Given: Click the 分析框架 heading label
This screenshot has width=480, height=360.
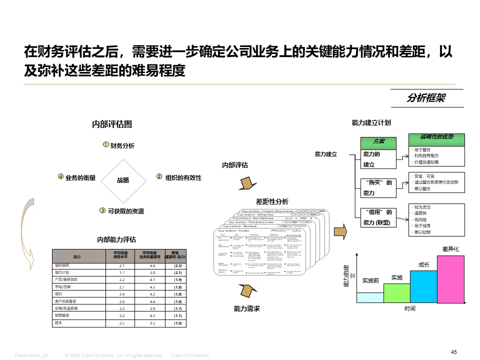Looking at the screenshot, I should coord(426,98).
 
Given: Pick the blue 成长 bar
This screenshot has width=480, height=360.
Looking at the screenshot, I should coord(423,286).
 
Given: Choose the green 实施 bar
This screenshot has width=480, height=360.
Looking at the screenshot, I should coord(396,292).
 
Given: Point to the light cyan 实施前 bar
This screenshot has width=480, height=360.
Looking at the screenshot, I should coord(369,297).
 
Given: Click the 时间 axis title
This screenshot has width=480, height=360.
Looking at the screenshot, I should coord(409,309).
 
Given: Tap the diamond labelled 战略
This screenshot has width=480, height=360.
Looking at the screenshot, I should coord(123,180).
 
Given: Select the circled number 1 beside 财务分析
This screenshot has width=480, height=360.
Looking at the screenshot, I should coord(105,145).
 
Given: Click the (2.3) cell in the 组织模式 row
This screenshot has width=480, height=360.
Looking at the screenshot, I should coord(176,266).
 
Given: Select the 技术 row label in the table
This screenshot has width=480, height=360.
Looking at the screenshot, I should coord(58,323).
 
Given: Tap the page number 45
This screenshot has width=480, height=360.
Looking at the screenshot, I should coord(454,352).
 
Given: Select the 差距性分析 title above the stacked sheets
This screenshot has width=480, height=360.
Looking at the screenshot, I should coord(272,201).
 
